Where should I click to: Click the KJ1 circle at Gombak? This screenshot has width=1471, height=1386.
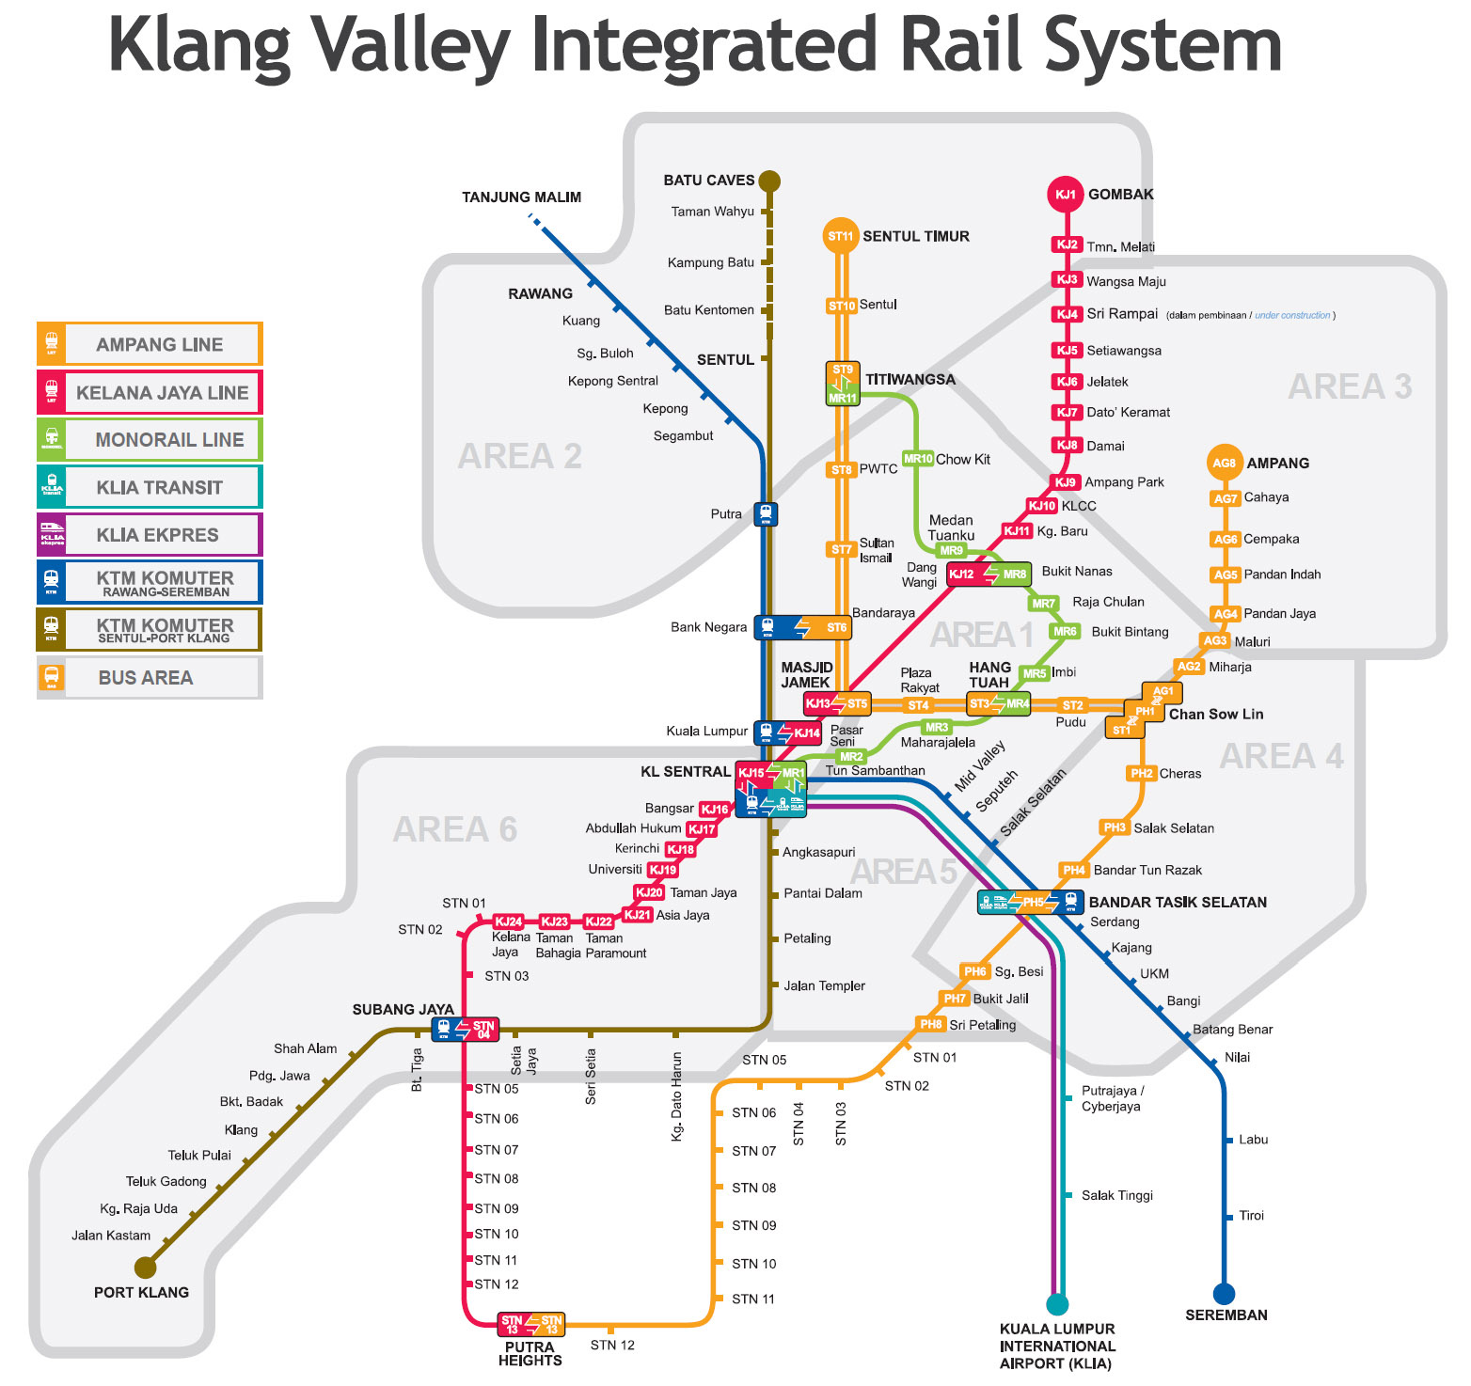[x=1065, y=195]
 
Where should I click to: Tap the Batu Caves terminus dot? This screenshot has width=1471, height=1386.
[x=769, y=181]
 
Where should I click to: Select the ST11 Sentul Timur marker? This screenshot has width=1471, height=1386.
[x=840, y=236]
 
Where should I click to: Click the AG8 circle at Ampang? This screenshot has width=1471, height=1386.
[x=1224, y=463]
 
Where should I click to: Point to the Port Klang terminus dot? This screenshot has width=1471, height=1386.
[x=145, y=1267]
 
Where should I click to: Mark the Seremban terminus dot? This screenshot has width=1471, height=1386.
[x=1224, y=1294]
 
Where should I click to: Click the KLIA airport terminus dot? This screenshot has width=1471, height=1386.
[x=1057, y=1304]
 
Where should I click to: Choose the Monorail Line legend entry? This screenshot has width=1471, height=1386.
[x=150, y=439]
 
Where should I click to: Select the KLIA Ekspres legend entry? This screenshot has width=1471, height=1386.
[x=150, y=535]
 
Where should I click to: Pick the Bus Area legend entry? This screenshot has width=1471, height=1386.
[x=150, y=678]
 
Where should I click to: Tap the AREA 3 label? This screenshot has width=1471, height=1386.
[x=1349, y=386]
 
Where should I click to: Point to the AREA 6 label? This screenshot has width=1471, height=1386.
[x=454, y=829]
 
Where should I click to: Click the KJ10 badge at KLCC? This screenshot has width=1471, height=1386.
[x=1042, y=506]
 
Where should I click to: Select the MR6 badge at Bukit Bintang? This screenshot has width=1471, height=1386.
[x=1065, y=632]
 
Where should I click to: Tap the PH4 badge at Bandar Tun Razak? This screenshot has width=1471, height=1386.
[x=1074, y=870]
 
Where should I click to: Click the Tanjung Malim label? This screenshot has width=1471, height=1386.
[x=521, y=197]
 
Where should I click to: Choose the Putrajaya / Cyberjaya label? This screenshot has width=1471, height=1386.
[x=1113, y=1098]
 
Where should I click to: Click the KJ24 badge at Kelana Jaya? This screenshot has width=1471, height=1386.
[x=508, y=921]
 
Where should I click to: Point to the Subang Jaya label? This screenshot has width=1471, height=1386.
[x=403, y=1009]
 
